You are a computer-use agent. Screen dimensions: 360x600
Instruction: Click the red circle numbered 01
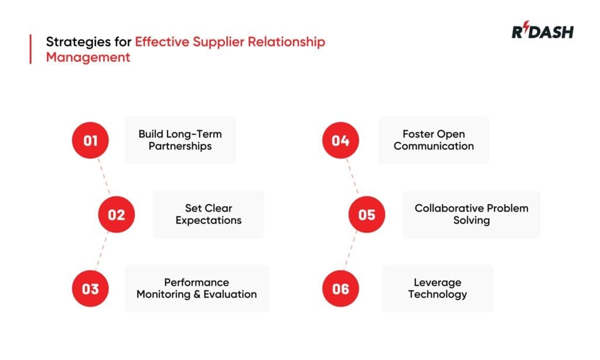pyautogui.click(x=90, y=141)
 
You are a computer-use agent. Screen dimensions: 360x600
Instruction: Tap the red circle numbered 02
pyautogui.click(x=116, y=215)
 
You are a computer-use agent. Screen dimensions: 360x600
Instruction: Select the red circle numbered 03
pyautogui.click(x=90, y=288)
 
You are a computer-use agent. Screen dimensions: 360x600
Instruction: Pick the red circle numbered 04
pyautogui.click(x=340, y=141)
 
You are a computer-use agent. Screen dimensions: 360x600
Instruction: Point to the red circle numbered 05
pyautogui.click(x=366, y=215)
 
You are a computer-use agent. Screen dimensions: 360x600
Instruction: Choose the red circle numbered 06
pyautogui.click(x=340, y=288)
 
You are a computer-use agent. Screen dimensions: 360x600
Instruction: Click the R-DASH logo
pyautogui.click(x=542, y=32)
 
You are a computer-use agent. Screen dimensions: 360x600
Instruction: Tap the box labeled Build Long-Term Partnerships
pyautogui.click(x=180, y=140)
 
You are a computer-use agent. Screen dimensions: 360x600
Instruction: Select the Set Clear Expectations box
pyautogui.click(x=208, y=214)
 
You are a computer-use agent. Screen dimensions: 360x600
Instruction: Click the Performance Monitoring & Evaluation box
pyautogui.click(x=196, y=288)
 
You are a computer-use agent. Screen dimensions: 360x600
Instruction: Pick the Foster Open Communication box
pyautogui.click(x=434, y=140)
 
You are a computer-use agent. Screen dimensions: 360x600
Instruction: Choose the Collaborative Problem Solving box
pyautogui.click(x=471, y=214)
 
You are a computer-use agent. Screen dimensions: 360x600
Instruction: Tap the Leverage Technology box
pyautogui.click(x=437, y=288)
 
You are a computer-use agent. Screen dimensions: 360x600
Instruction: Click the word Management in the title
pyautogui.click(x=88, y=57)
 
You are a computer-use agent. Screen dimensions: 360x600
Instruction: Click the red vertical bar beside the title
pyautogui.click(x=30, y=49)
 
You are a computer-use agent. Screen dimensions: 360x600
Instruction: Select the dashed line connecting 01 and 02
pyautogui.click(x=104, y=177)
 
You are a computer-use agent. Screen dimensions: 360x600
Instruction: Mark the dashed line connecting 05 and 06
pyautogui.click(x=353, y=252)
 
